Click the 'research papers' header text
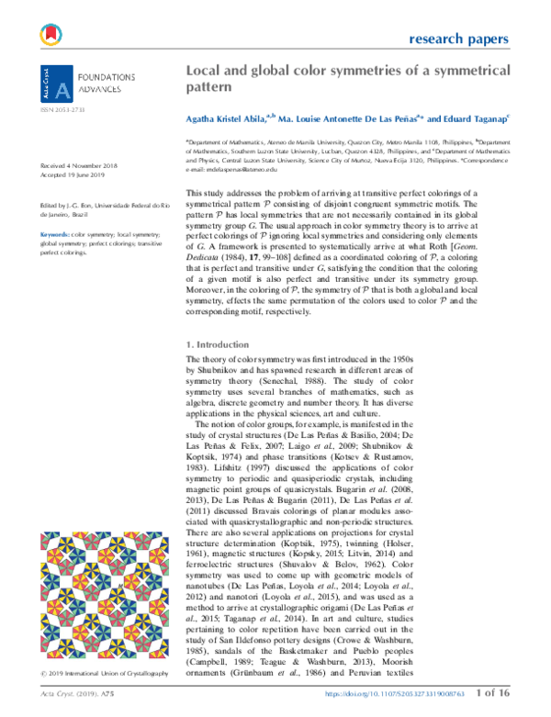(x=456, y=39)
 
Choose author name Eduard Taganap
(x=470, y=120)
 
